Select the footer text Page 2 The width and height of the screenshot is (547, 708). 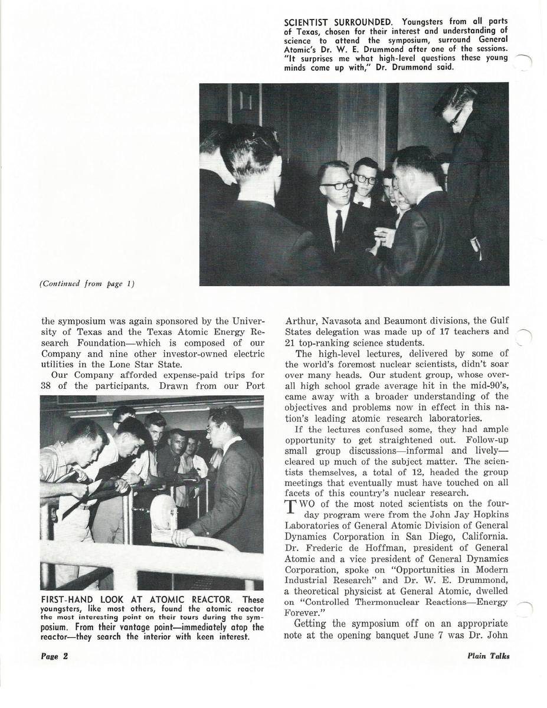coord(55,655)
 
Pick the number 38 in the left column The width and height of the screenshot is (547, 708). coord(48,386)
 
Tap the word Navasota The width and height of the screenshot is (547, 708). coord(346,321)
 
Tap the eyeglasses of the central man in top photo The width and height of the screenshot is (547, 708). coord(336,185)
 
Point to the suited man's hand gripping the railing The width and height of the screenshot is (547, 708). coord(181,536)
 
